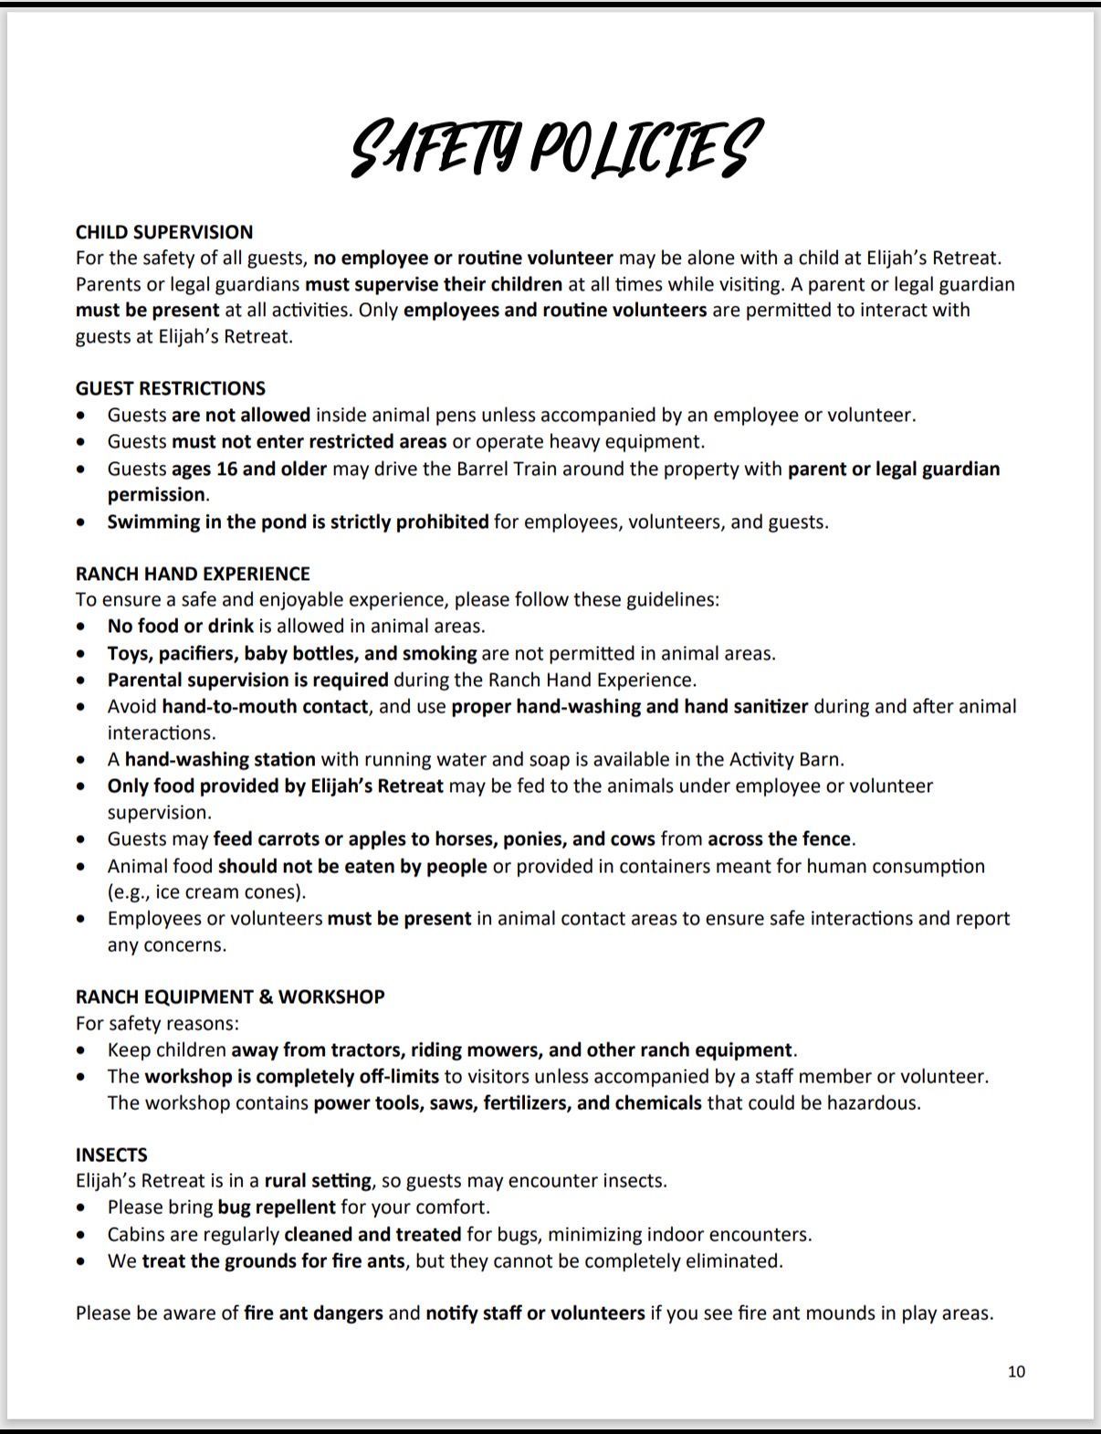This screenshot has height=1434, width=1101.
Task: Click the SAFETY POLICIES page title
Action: pyautogui.click(x=554, y=148)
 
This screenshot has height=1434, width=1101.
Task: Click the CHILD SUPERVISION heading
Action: pyautogui.click(x=164, y=232)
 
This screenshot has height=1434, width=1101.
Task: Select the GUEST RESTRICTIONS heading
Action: pyautogui.click(x=171, y=388)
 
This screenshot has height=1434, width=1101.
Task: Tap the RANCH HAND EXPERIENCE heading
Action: pyautogui.click(x=193, y=574)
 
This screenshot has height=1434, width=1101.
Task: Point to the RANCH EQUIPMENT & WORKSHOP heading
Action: pyautogui.click(x=230, y=996)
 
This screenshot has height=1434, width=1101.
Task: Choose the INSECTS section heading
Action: pyautogui.click(x=111, y=1155)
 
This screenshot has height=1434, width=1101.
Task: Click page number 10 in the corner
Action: pyautogui.click(x=1016, y=1371)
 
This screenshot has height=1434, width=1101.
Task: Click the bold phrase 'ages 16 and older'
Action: pyautogui.click(x=249, y=469)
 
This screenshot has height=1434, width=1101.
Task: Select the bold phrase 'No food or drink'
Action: pyautogui.click(x=180, y=627)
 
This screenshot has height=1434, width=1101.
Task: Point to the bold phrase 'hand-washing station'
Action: pyautogui.click(x=220, y=759)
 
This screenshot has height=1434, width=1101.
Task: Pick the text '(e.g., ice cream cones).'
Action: pyautogui.click(x=207, y=891)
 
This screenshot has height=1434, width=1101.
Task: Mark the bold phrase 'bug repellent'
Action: pyautogui.click(x=277, y=1207)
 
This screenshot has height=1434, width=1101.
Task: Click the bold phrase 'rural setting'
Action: pyautogui.click(x=318, y=1181)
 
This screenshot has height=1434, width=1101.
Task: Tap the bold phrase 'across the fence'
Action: pyautogui.click(x=780, y=838)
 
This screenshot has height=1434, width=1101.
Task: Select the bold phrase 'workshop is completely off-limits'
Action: pyautogui.click(x=291, y=1076)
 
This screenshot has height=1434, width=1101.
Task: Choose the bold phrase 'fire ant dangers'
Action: pyautogui.click(x=313, y=1313)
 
